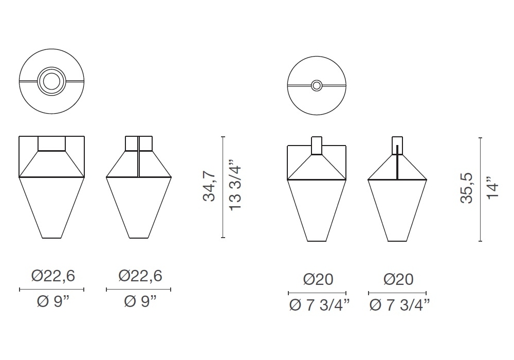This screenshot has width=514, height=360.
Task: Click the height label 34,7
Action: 209,186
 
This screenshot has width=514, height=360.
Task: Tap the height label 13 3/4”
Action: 235,185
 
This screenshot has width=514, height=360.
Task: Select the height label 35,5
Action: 467,188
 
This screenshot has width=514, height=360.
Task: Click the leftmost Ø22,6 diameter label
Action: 53,276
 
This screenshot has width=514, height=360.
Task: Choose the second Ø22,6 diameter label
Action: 140,276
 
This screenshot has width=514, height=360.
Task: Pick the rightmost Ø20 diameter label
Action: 398,279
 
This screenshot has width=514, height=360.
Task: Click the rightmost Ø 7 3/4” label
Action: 399,305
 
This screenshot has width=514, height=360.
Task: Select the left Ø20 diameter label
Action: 318,279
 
